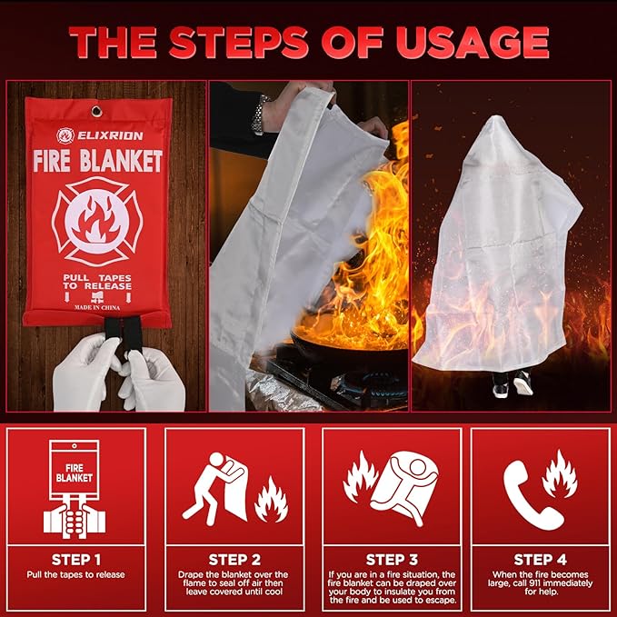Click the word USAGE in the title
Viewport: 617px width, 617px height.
tap(472, 43)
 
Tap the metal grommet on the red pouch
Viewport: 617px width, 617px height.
tap(96, 112)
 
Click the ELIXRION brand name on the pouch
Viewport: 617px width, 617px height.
tap(110, 135)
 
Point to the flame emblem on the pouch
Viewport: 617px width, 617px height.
tap(97, 221)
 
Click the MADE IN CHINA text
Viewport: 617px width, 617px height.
tap(97, 307)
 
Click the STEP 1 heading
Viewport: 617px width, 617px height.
tap(76, 560)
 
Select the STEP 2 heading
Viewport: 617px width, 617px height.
tap(234, 560)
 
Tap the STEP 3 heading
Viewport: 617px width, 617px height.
tap(392, 560)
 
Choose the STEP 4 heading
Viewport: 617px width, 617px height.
tap(541, 560)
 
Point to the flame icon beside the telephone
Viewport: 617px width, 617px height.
tap(560, 474)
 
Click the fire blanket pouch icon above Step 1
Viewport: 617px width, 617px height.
tap(75, 489)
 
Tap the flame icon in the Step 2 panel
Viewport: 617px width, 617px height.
tap(271, 500)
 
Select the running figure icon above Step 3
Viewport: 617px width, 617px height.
tap(405, 488)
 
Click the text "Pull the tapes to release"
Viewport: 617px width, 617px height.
tap(76, 575)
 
